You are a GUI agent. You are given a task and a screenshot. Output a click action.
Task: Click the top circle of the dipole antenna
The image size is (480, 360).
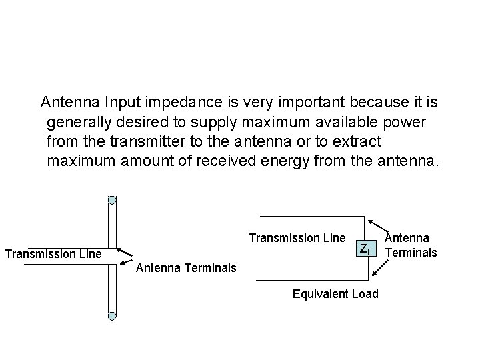click(112, 199)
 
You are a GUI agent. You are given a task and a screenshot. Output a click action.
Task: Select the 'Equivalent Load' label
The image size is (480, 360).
click(335, 294)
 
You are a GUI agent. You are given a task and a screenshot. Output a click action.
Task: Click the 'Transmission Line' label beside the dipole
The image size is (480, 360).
click(53, 253)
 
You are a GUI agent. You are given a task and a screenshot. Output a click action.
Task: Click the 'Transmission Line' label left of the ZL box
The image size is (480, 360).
click(297, 238)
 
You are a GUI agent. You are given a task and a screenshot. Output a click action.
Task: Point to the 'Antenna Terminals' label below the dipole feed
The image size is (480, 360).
click(186, 268)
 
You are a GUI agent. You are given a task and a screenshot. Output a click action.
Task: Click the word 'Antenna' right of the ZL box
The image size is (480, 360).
click(409, 237)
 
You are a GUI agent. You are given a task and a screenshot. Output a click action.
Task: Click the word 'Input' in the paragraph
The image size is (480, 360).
click(123, 103)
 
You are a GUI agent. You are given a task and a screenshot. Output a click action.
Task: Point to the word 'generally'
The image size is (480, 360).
click(77, 122)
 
